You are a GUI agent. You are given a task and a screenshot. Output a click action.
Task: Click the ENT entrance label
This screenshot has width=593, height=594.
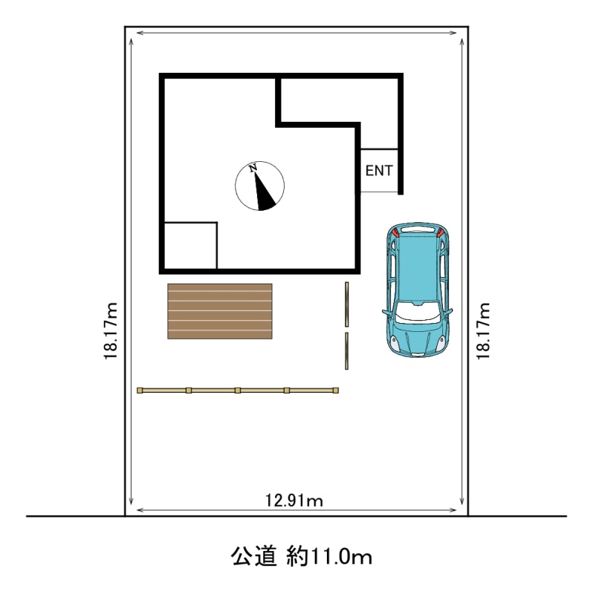click(379, 171)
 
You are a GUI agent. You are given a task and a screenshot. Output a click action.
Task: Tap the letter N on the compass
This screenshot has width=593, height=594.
click(253, 169)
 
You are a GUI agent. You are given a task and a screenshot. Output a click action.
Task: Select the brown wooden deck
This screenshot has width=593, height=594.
click(220, 311)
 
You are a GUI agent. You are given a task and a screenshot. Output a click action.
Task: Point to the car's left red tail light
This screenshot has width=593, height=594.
click(395, 232)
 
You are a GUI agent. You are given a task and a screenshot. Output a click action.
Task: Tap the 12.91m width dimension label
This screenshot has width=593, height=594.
click(294, 500)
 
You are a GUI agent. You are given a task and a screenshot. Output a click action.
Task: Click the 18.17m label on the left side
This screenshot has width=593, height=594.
click(111, 331)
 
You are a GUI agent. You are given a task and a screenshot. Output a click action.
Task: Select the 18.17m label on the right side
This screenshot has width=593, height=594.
click(483, 331)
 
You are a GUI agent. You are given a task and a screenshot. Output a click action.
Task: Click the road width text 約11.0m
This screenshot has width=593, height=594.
click(329, 557)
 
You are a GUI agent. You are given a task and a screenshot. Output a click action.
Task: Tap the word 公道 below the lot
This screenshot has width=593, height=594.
click(254, 556)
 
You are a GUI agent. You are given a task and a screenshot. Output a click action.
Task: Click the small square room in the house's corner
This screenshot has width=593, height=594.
click(190, 245)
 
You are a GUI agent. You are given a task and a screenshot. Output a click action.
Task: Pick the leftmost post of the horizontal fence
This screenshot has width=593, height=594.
click(140, 391)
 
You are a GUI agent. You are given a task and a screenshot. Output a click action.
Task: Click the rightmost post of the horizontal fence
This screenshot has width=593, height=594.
click(336, 391)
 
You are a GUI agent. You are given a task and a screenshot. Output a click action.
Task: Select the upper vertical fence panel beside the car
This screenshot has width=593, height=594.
click(346, 304)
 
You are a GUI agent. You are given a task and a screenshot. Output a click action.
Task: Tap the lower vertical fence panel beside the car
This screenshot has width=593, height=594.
click(346, 350)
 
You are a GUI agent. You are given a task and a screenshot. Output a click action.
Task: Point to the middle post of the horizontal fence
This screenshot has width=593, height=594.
click(238, 391)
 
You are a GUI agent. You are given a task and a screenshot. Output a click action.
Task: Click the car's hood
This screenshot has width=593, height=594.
click(417, 337)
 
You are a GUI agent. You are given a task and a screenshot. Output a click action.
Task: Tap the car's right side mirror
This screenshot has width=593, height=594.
click(449, 312)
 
